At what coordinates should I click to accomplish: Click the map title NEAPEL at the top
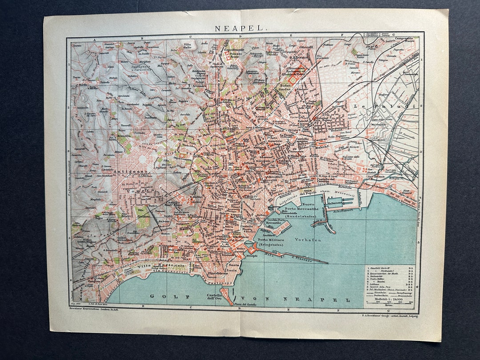[241, 28]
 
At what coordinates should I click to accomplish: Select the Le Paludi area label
[383, 107]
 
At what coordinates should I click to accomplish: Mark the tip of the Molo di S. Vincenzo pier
[328, 263]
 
